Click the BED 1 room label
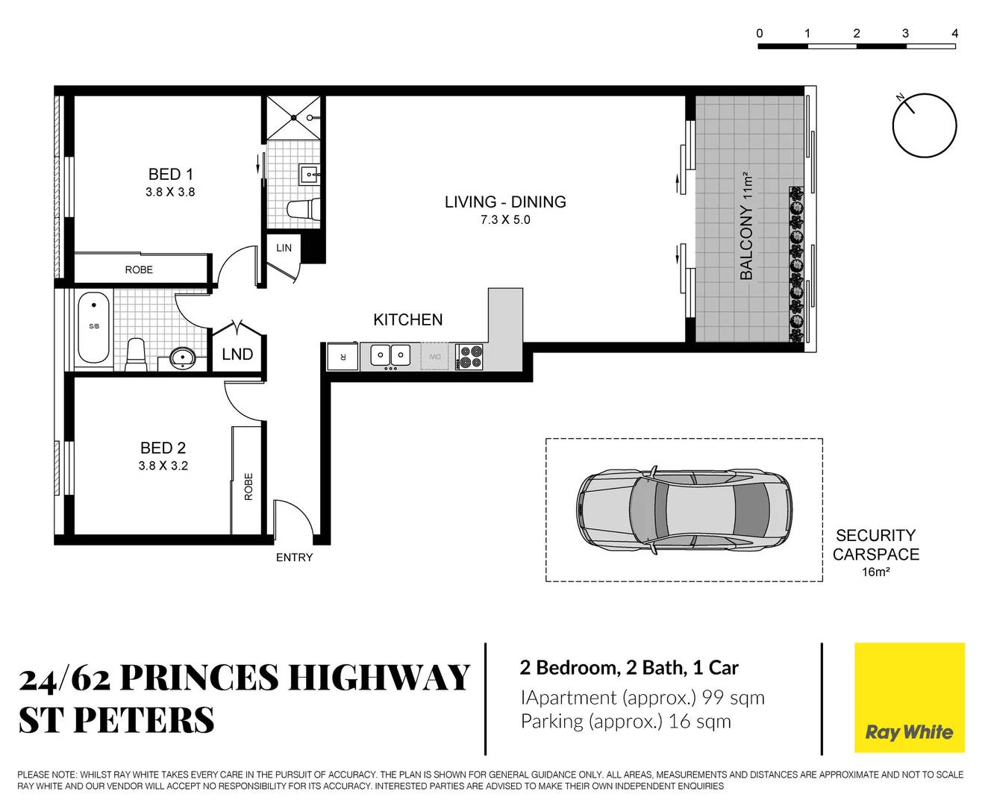170,175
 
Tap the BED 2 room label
163,448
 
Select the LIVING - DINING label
505,202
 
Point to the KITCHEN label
407,319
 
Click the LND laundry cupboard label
237,354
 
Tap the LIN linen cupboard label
284,248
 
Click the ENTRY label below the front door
294,557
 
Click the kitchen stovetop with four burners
469,357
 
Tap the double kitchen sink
390,355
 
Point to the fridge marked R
343,357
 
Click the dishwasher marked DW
434,357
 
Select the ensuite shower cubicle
294,118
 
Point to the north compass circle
925,125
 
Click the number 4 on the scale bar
954,33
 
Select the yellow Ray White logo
909,698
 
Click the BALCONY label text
746,243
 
